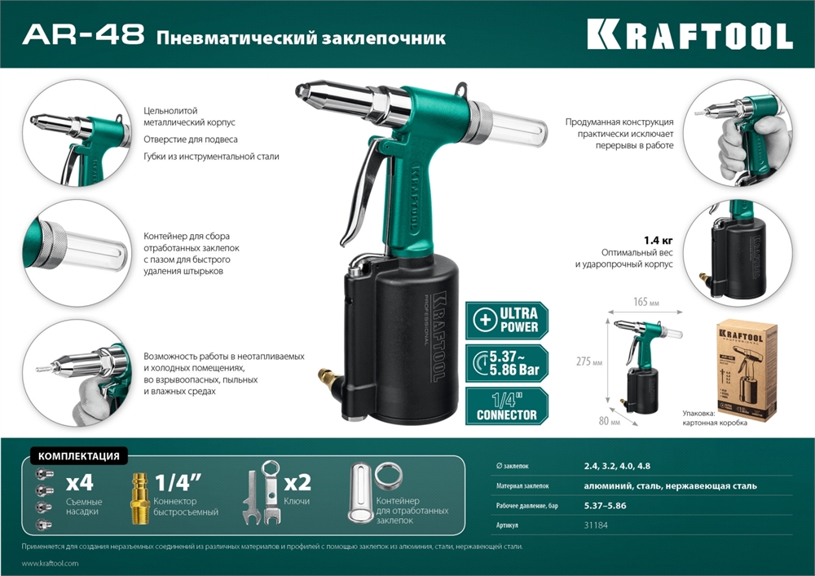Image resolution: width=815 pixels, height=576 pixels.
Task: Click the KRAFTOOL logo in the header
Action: coord(689,34)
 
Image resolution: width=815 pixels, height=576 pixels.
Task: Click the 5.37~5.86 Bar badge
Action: coord(507,362)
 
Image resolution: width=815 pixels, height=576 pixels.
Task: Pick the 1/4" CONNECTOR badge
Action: coord(507,406)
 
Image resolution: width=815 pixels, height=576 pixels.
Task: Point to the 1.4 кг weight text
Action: coord(659,240)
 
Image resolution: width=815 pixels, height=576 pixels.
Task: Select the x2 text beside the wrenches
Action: coord(295,481)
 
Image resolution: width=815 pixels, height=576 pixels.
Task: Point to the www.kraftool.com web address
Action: coord(50,564)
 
